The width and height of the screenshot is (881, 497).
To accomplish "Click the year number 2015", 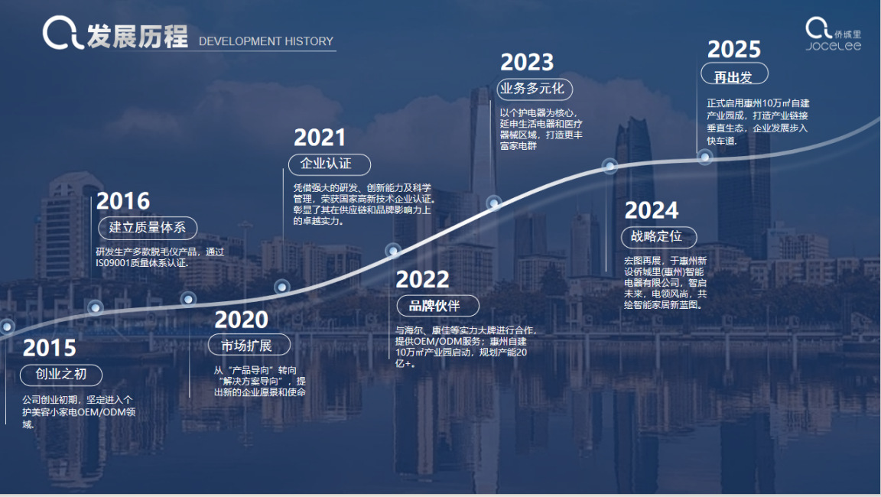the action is [x=50, y=348].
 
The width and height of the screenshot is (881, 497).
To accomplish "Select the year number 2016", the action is [x=123, y=201].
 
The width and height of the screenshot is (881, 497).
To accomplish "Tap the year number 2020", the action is [x=242, y=320].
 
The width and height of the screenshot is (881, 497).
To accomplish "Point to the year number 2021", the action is [x=320, y=138].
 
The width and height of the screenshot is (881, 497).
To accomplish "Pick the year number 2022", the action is [x=422, y=280].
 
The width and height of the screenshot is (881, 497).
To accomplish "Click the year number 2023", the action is [x=527, y=63].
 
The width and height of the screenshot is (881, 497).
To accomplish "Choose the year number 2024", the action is [x=652, y=210].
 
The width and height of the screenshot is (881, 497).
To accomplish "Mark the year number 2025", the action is [x=734, y=50].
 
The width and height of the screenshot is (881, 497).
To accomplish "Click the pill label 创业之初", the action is [x=61, y=375].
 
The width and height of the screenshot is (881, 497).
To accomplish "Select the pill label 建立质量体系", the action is [x=148, y=227].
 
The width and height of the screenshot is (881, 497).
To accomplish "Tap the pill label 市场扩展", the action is [x=249, y=345].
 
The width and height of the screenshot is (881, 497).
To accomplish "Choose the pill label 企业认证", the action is [x=330, y=164].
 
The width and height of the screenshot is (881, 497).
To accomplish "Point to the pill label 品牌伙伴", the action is [x=437, y=306].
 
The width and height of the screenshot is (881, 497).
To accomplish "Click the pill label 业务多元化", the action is [x=535, y=89].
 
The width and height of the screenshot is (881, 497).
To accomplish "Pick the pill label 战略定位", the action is [x=659, y=236].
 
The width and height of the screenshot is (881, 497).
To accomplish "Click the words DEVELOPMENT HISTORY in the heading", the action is [x=266, y=41].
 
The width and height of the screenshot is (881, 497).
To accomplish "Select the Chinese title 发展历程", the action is [x=137, y=37].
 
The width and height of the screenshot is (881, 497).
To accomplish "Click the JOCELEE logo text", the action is [x=834, y=46].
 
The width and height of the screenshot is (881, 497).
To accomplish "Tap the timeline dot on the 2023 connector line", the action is [x=494, y=203].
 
